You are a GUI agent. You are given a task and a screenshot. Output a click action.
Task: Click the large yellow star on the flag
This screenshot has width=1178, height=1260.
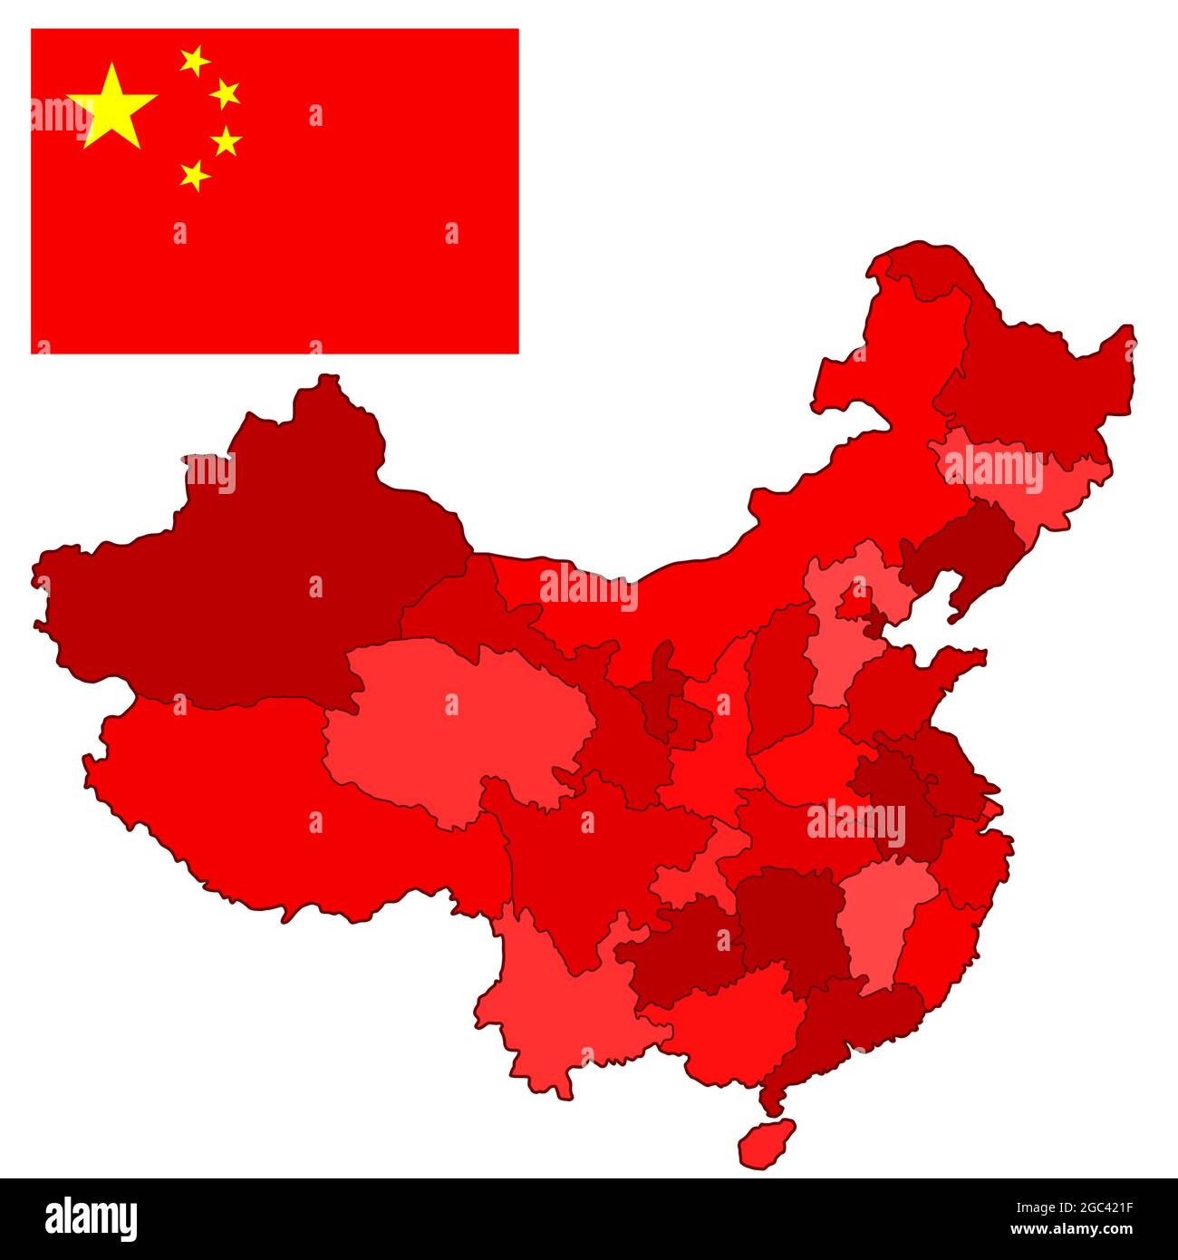point(111,107)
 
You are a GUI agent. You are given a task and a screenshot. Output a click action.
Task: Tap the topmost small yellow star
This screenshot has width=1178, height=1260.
point(194,61)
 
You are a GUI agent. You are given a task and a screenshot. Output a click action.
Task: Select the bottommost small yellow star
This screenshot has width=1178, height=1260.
point(194,174)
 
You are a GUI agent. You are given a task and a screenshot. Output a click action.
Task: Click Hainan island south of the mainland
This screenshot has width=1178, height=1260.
point(766,1144)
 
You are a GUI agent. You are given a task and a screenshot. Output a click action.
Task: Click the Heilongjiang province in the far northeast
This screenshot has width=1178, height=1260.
point(1033,381)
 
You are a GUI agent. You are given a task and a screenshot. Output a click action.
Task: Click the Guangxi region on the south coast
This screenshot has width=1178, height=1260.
point(734,1024)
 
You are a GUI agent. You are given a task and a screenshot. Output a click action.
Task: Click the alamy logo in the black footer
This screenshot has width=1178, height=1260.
point(91,1218)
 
